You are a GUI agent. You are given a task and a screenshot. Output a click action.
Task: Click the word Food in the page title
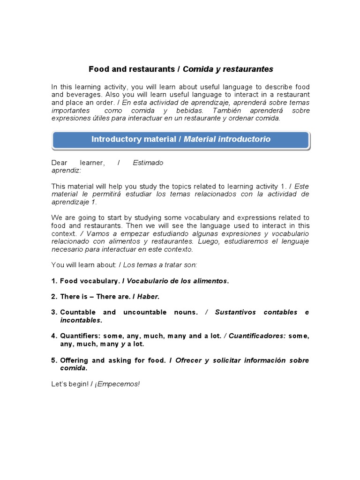[98, 69]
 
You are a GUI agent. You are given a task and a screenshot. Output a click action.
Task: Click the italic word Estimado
[148, 163]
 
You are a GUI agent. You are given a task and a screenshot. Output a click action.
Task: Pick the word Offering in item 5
[75, 360]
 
